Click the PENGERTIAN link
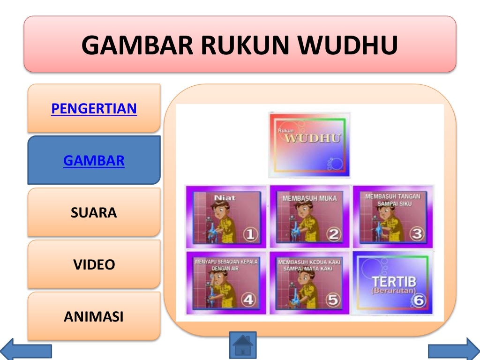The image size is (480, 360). click(94, 109)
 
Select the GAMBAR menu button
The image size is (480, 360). click(94, 161)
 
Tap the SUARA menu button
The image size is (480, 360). click(94, 213)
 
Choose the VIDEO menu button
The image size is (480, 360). click(94, 265)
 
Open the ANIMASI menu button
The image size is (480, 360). click(94, 317)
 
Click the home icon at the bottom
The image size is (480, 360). click(243, 346)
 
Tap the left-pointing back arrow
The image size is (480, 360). click(26, 350)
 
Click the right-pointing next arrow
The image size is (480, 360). click(454, 350)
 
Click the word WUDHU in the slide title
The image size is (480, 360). click(348, 45)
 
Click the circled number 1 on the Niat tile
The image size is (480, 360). click(251, 234)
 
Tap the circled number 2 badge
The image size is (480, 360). click(334, 234)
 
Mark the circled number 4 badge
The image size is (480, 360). click(248, 300)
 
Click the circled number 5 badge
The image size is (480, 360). click(333, 300)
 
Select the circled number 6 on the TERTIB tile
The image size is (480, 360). click(418, 300)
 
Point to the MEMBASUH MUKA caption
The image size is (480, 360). click(309, 198)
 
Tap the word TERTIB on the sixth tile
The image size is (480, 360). click(393, 282)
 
